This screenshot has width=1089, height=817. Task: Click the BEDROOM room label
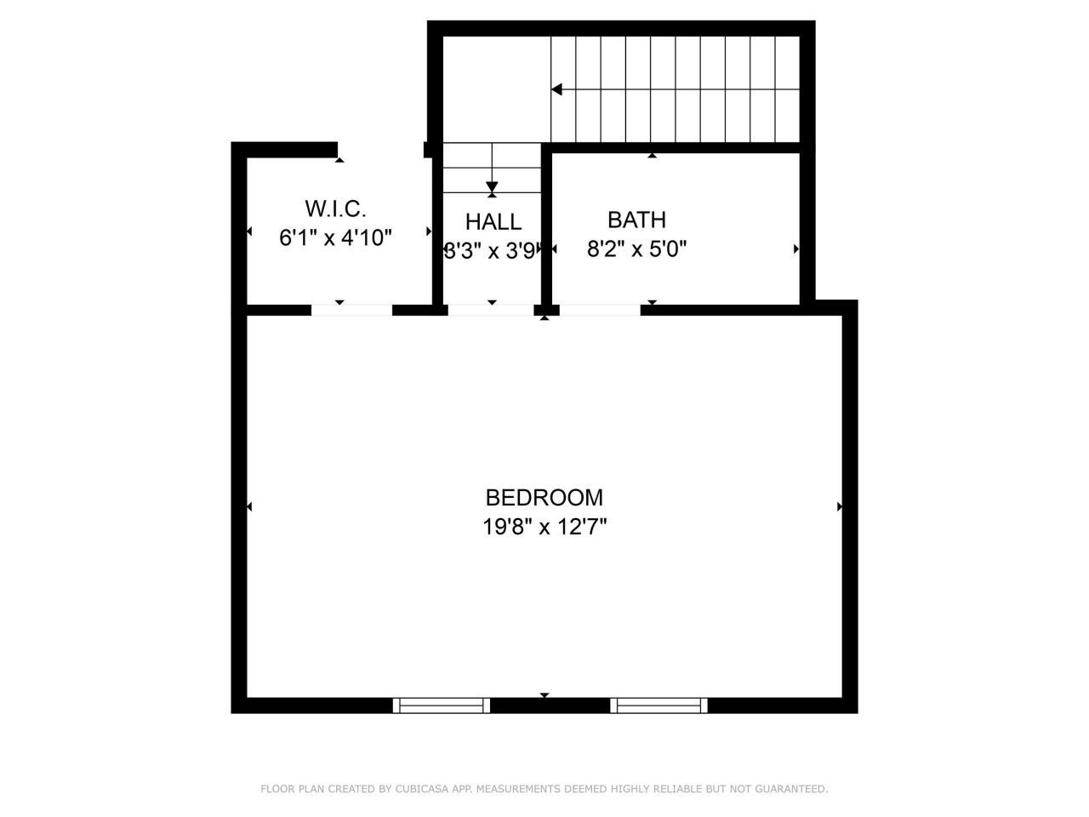click(544, 497)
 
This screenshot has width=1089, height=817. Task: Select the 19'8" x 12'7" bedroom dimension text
click(544, 527)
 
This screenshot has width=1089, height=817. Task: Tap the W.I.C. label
click(335, 209)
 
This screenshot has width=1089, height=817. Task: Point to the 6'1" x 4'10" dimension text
click(335, 237)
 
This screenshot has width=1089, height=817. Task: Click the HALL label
click(493, 222)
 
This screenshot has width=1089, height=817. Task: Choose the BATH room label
click(636, 220)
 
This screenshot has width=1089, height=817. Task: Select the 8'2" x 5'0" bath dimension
click(636, 249)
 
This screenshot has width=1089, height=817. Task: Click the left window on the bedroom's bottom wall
click(442, 705)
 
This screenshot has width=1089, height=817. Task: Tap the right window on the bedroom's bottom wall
click(659, 705)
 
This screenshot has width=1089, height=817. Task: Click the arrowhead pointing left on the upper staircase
click(556, 89)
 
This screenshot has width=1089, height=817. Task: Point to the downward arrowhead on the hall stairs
click(492, 187)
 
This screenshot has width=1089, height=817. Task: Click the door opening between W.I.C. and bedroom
click(351, 310)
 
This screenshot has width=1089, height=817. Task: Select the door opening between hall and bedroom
click(490, 310)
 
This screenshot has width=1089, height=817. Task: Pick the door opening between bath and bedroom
click(600, 310)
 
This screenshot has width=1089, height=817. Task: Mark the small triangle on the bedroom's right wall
click(840, 506)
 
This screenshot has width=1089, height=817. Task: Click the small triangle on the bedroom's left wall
click(249, 506)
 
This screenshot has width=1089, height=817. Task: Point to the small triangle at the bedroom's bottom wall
click(544, 695)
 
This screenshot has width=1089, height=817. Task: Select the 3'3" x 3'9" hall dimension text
click(493, 251)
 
